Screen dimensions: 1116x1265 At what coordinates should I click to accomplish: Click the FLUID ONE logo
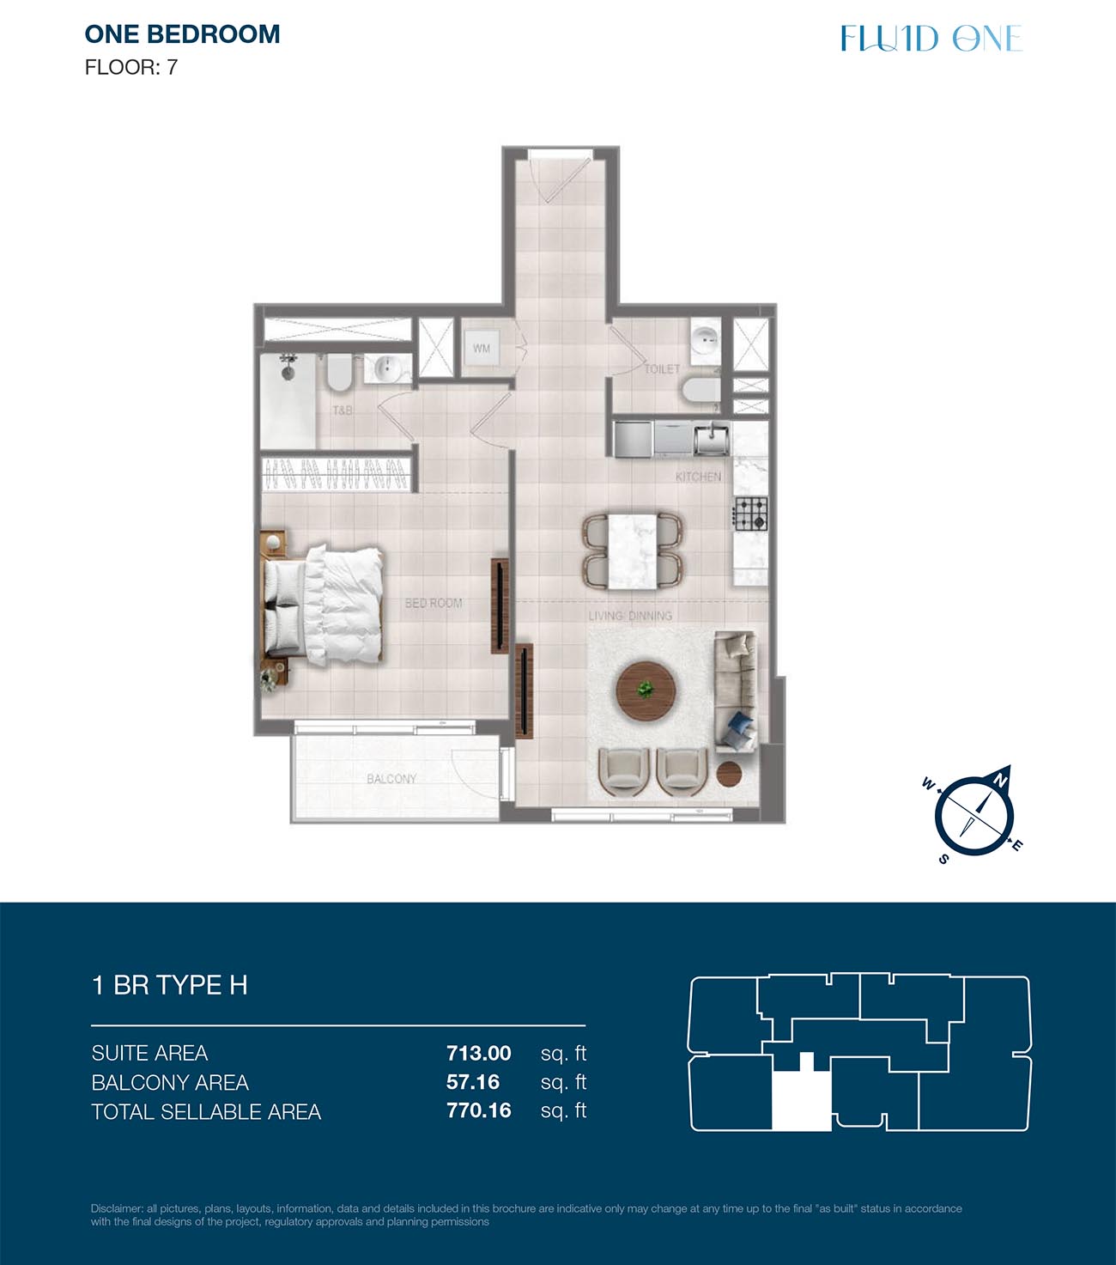click(931, 38)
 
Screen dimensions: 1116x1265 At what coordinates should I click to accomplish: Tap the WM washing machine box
click(482, 349)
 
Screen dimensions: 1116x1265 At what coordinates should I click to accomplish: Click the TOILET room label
click(662, 369)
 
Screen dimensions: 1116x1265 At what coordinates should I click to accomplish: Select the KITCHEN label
click(698, 477)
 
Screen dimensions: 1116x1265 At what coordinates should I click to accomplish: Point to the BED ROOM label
click(434, 603)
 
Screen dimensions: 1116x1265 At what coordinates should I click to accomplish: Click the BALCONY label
click(391, 779)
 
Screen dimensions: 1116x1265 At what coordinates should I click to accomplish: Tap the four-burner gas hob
click(750, 514)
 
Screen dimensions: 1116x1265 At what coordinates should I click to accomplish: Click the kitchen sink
click(712, 438)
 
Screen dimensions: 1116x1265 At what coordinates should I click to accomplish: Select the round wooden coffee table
click(646, 691)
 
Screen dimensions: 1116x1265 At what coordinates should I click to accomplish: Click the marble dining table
click(633, 550)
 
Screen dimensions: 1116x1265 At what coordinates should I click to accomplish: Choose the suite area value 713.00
click(479, 1054)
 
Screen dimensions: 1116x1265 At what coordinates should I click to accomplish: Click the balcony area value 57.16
click(472, 1082)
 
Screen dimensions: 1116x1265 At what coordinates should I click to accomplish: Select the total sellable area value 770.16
click(479, 1110)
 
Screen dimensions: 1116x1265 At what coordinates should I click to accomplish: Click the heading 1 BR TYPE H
click(170, 985)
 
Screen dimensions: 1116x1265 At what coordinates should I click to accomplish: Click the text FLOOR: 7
click(131, 67)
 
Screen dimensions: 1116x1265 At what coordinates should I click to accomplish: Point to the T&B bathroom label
click(343, 411)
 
